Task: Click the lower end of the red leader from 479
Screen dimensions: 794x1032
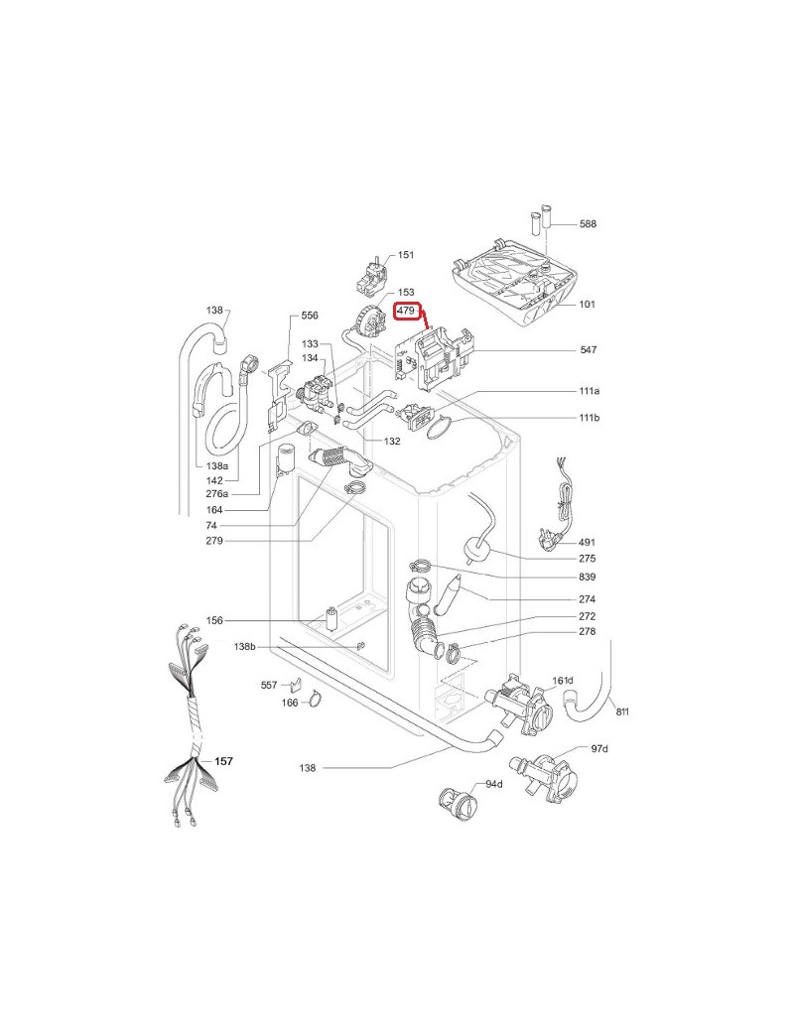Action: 430,327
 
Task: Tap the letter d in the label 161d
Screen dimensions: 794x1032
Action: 570,681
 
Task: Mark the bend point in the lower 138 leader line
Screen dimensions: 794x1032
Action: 393,767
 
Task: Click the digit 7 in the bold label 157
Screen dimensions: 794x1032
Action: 229,761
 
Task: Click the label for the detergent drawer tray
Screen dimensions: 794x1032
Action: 588,304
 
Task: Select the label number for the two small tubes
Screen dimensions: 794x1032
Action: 588,224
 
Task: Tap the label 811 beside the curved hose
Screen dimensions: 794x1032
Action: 622,711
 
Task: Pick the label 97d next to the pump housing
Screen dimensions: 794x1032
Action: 599,749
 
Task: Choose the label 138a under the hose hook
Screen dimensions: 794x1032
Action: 216,466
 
